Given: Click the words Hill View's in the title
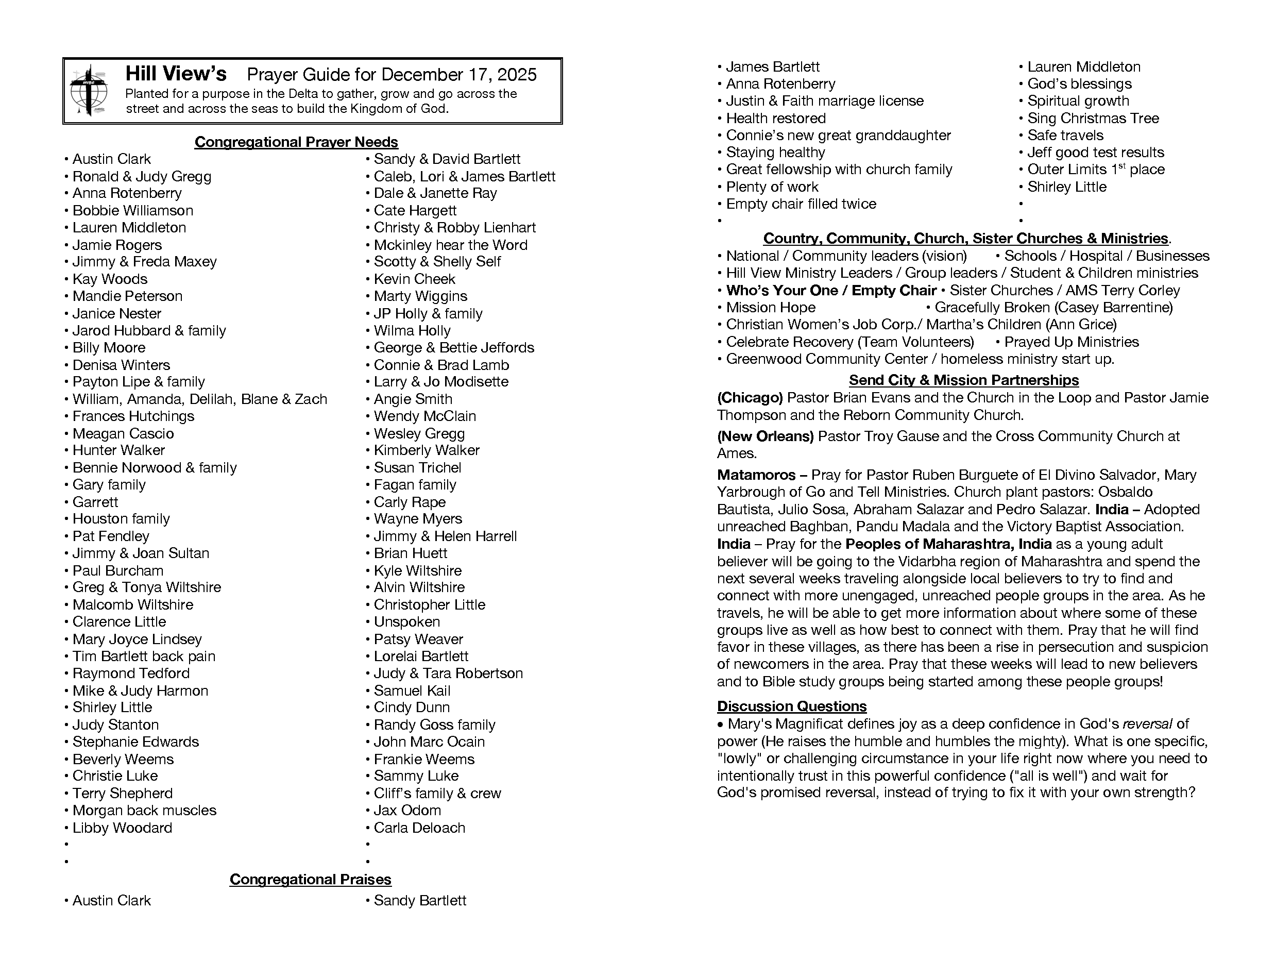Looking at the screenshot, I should [176, 74].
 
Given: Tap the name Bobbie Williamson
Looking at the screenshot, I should [132, 211].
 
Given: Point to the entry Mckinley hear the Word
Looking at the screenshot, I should [450, 245].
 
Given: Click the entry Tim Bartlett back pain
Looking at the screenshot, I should [144, 656].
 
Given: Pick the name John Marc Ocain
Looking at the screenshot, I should [429, 742].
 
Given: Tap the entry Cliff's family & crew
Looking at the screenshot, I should [437, 793].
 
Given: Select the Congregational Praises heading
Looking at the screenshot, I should [311, 879].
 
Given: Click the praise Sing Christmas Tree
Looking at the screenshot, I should [1093, 119].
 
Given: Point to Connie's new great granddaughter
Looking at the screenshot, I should [838, 136].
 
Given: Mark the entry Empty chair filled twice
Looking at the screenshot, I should [801, 204].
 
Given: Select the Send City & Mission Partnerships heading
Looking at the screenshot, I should [963, 380].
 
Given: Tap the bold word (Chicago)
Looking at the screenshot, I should [750, 398].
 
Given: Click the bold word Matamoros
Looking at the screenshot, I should [756, 475].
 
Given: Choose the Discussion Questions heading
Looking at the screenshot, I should [791, 706].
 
